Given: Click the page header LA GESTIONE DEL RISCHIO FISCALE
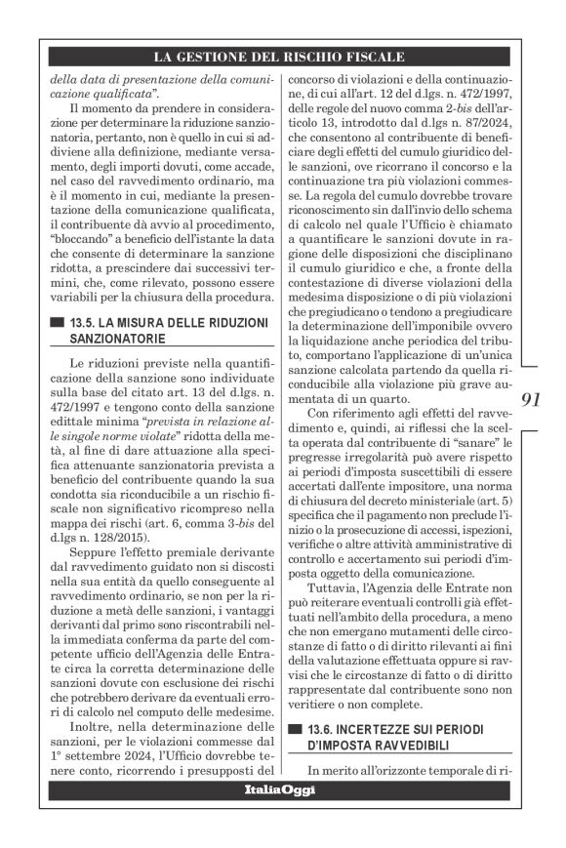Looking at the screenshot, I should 282,57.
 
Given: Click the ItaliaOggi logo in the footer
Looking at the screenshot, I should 282,789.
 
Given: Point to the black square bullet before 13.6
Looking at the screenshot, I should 294,729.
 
